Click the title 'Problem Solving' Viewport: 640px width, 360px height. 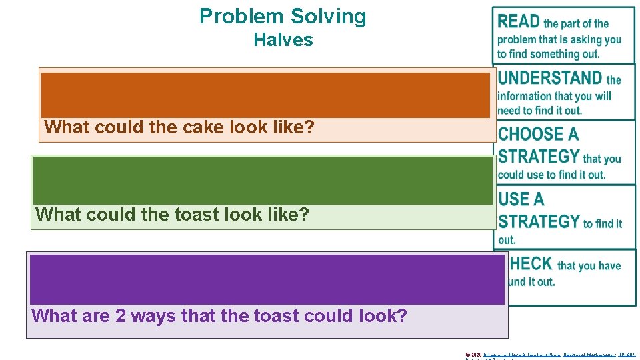point(283,16)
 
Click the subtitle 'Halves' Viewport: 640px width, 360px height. point(283,40)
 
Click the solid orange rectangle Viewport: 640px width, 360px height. point(265,95)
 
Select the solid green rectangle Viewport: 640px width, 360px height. point(263,180)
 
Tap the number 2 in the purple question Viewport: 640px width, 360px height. point(121,315)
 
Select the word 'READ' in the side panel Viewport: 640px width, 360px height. point(518,21)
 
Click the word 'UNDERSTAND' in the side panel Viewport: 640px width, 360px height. point(549,78)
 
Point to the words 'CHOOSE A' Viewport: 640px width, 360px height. point(538,134)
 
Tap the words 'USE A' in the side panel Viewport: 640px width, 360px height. point(521,199)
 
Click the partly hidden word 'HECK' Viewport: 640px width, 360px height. point(531,264)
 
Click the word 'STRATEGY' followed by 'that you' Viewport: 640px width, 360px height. point(539,157)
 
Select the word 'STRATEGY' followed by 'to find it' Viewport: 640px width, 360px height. point(539,221)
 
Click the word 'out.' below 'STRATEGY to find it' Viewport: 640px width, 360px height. point(507,240)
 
